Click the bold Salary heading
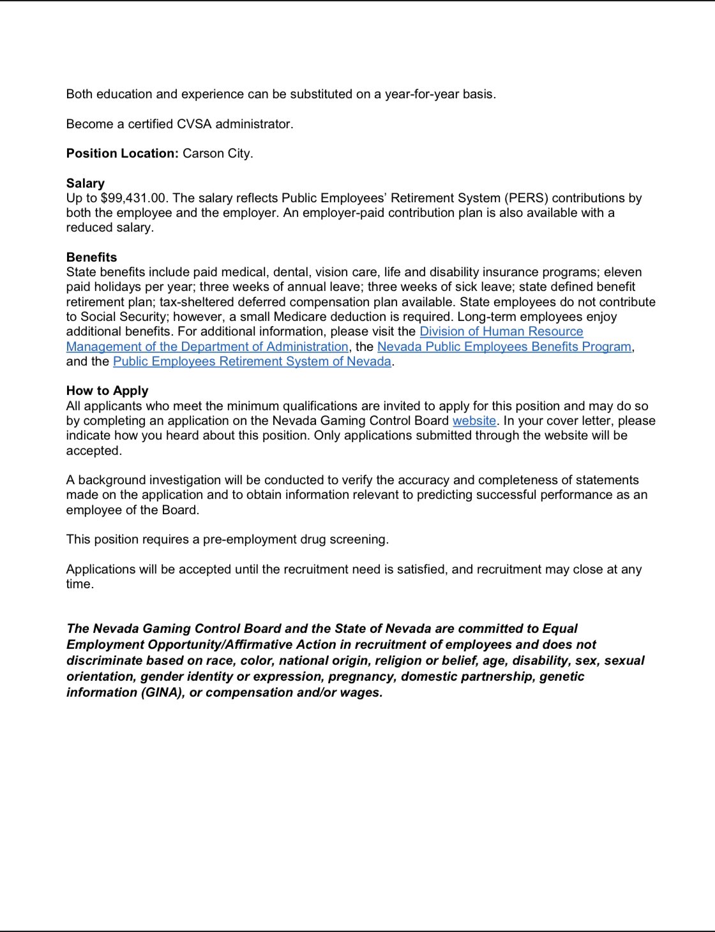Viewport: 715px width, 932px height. point(85,183)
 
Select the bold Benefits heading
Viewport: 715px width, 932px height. point(91,257)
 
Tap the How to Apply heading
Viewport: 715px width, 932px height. point(107,390)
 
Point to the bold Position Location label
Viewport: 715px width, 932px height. point(122,153)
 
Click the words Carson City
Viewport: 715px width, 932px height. point(217,153)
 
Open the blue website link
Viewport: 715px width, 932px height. point(474,420)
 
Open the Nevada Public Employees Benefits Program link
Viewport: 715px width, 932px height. point(504,346)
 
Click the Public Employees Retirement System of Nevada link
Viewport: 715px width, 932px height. point(252,361)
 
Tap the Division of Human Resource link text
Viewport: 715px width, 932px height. point(501,331)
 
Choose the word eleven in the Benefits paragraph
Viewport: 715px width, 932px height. point(622,272)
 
